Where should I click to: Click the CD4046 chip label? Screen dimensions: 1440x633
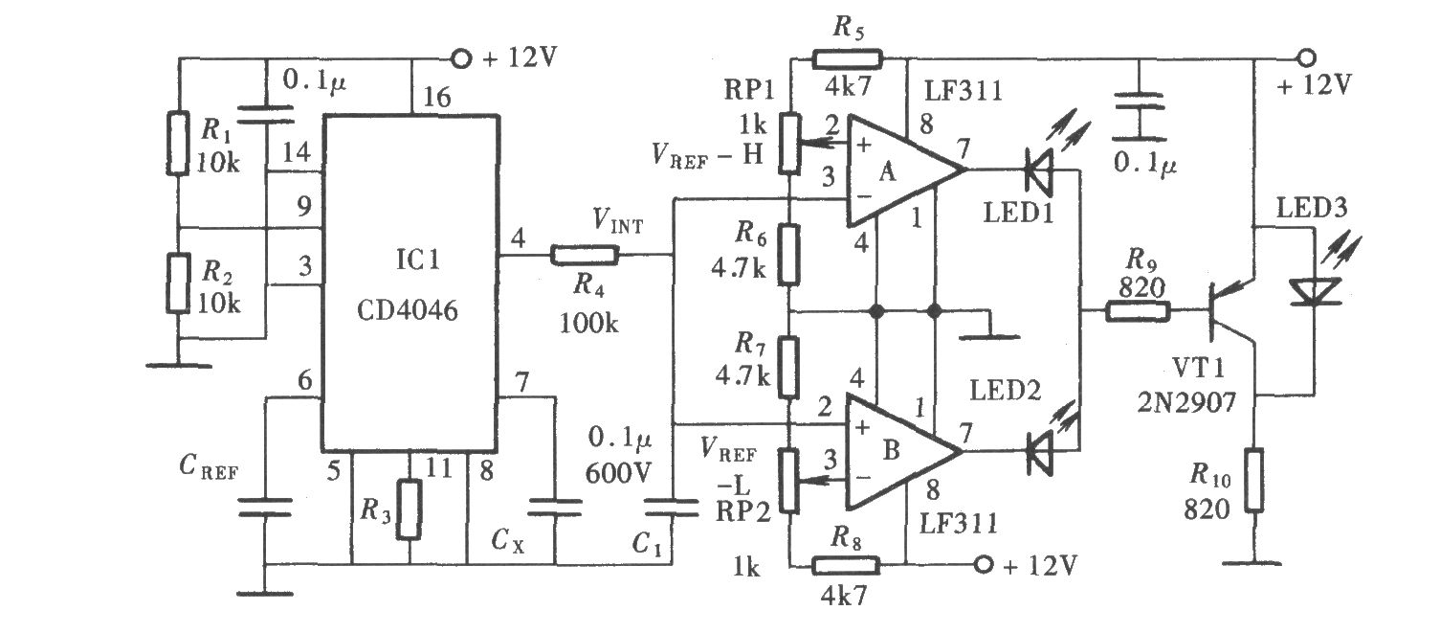408,310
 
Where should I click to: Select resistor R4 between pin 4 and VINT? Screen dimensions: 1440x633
585,256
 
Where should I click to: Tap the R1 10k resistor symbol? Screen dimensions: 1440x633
178,143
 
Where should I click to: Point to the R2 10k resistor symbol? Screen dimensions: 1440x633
178,283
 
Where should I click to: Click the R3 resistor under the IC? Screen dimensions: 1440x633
409,509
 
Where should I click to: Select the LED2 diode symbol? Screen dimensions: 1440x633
1039,452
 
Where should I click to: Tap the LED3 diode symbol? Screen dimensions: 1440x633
1316,291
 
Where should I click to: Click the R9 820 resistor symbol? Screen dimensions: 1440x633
1138,312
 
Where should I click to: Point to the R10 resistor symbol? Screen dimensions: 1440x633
1253,480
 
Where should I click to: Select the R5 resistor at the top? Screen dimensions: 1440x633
848,59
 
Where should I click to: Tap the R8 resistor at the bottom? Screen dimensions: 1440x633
846,565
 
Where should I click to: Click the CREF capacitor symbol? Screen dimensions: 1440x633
264,507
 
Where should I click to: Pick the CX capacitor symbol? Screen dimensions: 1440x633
555,507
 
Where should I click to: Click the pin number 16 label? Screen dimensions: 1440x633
437,98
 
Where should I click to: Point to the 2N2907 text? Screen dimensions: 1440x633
1186,403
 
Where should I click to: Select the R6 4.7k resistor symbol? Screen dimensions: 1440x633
788,255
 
